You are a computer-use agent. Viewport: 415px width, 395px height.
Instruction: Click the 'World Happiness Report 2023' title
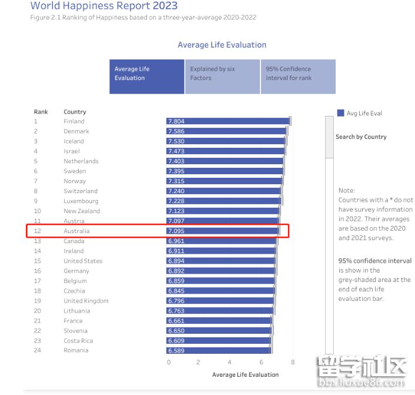[x=103, y=6]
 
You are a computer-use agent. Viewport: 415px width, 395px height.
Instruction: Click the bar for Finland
[x=228, y=121]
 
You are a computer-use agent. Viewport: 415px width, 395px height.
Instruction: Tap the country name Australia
[x=76, y=231]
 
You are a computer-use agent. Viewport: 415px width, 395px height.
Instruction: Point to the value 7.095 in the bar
[x=176, y=231]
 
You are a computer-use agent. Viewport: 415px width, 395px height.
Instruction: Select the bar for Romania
[x=219, y=351]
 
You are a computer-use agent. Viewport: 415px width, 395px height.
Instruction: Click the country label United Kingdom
[x=86, y=301]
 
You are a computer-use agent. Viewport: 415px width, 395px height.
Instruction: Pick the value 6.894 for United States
[x=176, y=261]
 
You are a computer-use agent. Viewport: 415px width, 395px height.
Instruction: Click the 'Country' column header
[x=75, y=112]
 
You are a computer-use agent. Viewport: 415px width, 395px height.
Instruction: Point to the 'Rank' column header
[x=41, y=111]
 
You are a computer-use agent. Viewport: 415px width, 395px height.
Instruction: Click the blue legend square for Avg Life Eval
[x=340, y=113]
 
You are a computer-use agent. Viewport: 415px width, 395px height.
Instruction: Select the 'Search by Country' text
[x=361, y=137]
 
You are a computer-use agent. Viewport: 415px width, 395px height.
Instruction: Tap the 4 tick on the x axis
[x=229, y=363]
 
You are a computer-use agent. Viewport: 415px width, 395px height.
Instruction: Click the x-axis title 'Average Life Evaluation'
[x=245, y=374]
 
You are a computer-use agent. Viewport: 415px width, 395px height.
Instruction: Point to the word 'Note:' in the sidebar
[x=347, y=191]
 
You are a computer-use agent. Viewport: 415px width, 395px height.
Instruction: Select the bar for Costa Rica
[x=219, y=341]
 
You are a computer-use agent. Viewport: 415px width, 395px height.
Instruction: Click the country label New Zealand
[x=82, y=211]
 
